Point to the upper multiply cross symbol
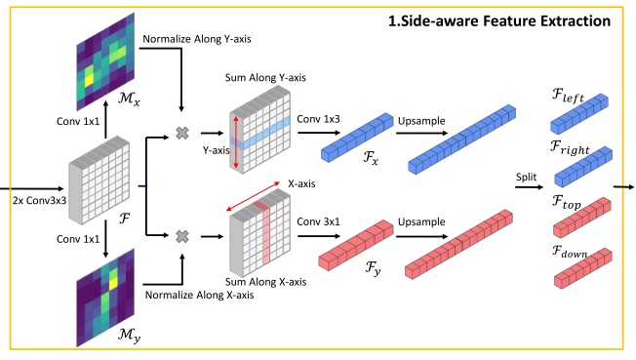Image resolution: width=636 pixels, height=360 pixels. click(181, 133)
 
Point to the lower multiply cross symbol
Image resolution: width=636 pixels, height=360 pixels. click(181, 235)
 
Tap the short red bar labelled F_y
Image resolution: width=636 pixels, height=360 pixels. click(358, 248)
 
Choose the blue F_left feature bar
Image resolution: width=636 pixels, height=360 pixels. click(581, 116)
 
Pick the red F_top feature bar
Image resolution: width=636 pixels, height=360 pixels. click(581, 223)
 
